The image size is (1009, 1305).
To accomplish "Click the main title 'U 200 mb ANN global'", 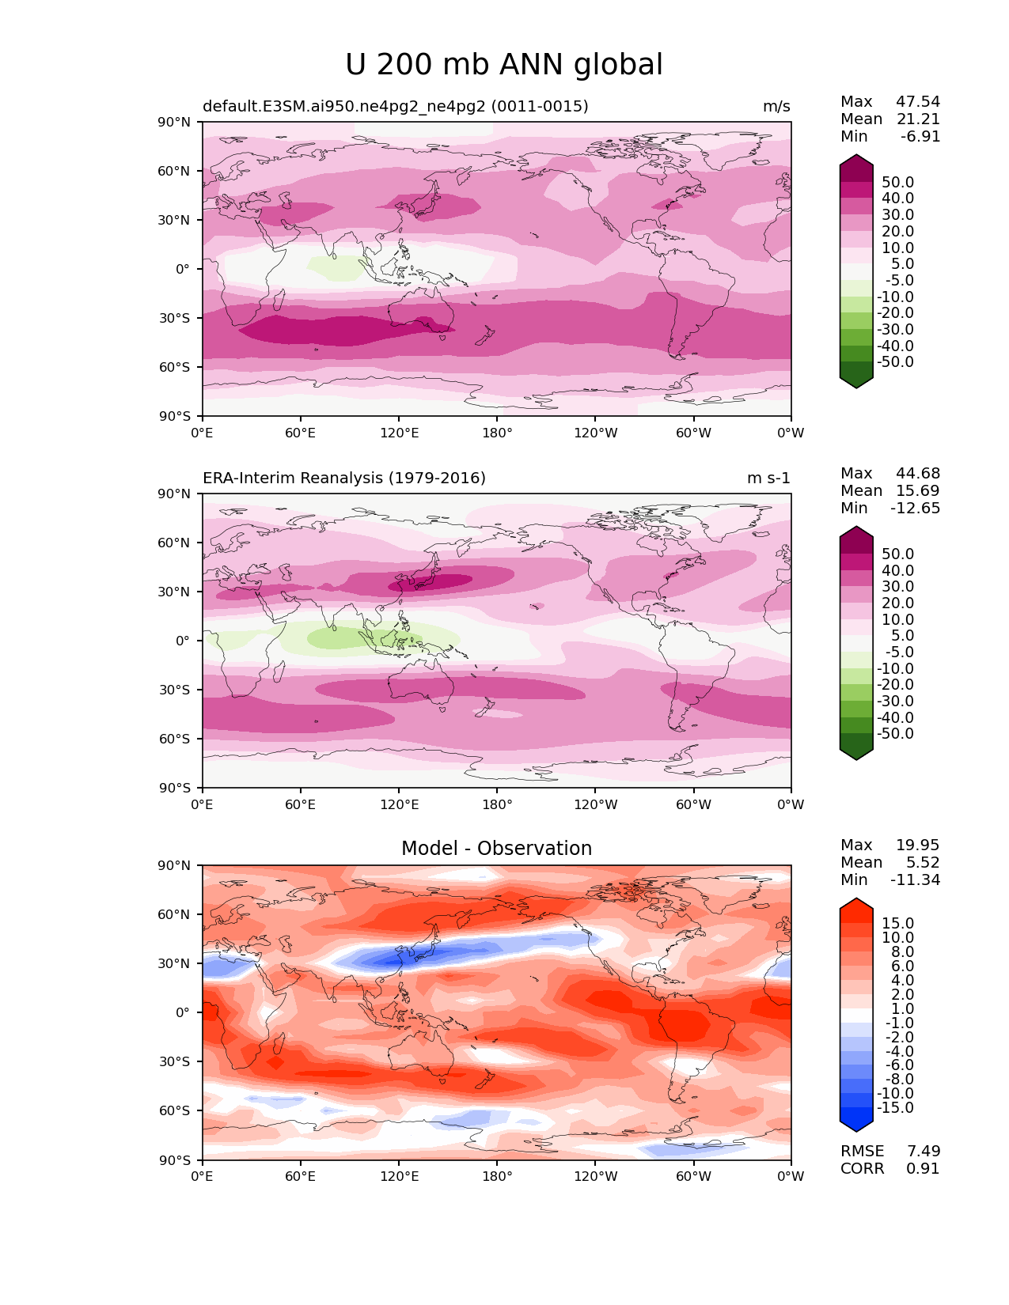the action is pos(503,64).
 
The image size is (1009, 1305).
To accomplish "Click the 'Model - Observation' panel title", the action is pos(496,848).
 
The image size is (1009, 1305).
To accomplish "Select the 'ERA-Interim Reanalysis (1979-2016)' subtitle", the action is pos(343,478).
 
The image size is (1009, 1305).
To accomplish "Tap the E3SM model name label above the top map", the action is pos(396,106).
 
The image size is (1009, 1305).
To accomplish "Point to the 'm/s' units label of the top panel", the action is pos(776,106).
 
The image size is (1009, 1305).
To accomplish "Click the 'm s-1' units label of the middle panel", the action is pos(768,478).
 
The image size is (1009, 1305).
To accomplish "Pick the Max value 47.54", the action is pos(918,101).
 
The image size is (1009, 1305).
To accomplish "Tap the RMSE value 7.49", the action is pos(923,1151).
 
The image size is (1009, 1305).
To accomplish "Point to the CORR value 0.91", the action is pos(923,1168).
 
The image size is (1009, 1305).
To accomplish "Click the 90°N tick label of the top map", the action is pos(174,123).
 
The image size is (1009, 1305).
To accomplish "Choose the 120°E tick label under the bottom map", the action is pos(399,1176).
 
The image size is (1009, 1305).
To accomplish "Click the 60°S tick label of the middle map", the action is pos(174,739).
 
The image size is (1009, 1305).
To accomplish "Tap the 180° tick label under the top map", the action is pos(497,433).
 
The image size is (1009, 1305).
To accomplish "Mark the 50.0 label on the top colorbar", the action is pos(898,182).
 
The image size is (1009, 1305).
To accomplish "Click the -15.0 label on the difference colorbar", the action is pos(895,1107).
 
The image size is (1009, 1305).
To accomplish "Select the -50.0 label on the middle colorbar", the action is pos(895,733).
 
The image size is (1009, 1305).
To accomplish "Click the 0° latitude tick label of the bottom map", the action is pos(183,1012).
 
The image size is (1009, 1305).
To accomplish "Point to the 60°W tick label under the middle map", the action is pos(693,804).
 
